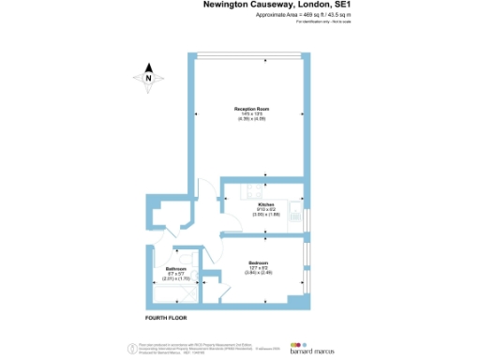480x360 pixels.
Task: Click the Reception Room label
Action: tap(251, 109)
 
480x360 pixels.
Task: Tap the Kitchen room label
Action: tap(265, 203)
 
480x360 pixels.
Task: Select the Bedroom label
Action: tap(259, 262)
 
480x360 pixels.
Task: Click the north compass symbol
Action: tap(148, 79)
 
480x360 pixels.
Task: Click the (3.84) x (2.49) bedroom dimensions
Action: tap(259, 272)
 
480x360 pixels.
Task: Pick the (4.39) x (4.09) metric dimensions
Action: tap(251, 119)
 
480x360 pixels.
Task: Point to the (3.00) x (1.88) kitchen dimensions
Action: tap(266, 214)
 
